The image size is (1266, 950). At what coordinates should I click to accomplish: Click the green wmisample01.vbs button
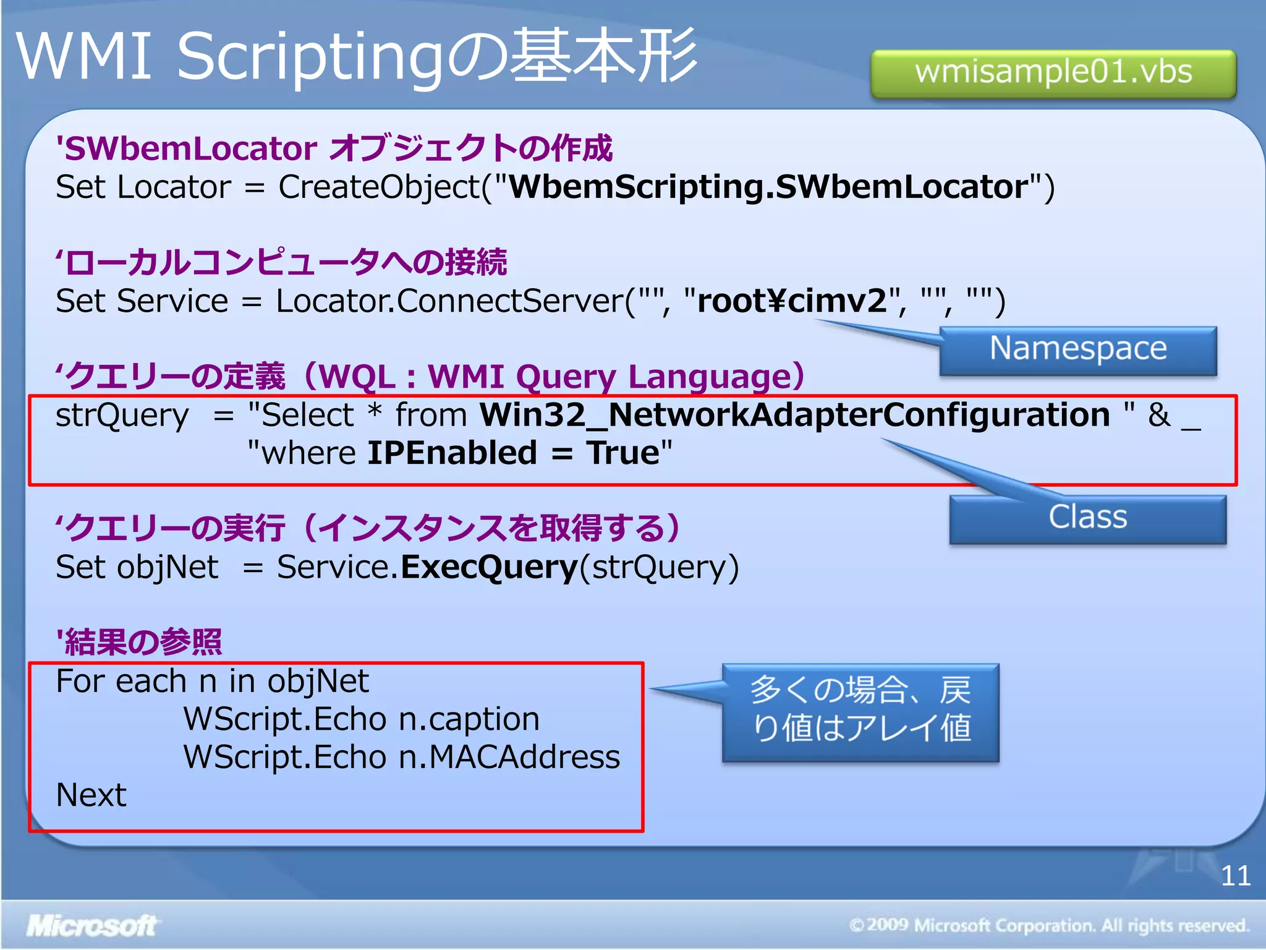point(1053,73)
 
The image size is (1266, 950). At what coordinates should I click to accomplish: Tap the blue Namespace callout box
point(1078,349)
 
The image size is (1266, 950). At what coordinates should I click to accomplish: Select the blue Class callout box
point(1087,518)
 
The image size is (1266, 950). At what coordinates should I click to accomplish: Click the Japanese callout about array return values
point(860,711)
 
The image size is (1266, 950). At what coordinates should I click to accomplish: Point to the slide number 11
point(1235,876)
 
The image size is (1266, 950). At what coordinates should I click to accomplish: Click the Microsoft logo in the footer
point(91,926)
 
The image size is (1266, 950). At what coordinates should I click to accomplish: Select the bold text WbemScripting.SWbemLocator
point(768,187)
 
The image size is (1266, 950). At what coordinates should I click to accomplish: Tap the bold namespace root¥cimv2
point(792,301)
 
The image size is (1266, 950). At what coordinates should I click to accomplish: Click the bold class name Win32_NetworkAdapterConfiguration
point(795,415)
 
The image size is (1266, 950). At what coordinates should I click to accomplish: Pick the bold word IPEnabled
point(452,453)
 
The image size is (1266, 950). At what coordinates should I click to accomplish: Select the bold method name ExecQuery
point(489,567)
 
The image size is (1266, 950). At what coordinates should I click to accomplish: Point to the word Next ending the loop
point(91,795)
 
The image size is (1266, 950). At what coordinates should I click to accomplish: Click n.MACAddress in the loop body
point(509,758)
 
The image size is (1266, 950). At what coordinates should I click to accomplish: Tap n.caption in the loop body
point(469,719)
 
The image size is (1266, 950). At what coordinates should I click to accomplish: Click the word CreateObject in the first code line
point(379,187)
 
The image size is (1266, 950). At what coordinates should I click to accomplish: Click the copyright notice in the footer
point(1049,926)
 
